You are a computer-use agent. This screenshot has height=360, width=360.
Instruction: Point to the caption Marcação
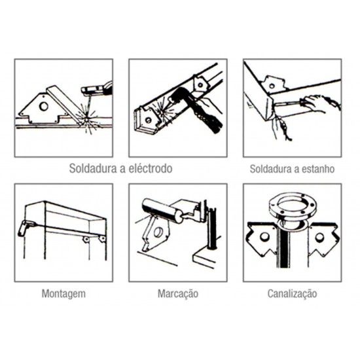click(x=177, y=293)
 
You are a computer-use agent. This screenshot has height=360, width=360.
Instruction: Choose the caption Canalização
click(x=293, y=293)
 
